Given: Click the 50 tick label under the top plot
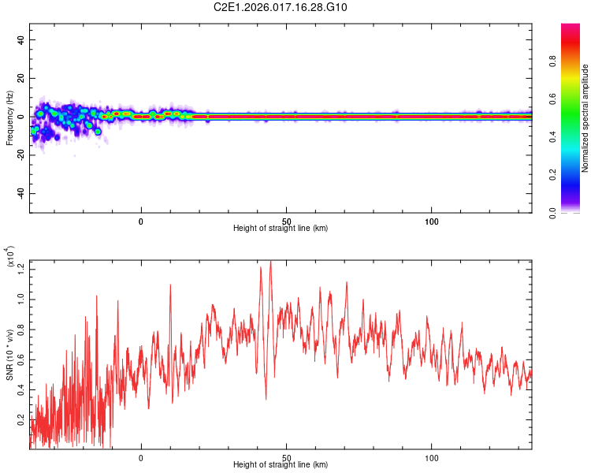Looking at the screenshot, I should (287, 221).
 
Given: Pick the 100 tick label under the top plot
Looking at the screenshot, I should (432, 221).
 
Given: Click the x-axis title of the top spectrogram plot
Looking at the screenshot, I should (281, 229).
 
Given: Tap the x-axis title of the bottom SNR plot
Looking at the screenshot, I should (281, 465).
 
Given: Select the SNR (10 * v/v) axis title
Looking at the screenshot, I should (9, 356).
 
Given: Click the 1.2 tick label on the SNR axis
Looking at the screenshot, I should (21, 269).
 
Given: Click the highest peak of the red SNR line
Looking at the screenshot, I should (271, 262).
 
